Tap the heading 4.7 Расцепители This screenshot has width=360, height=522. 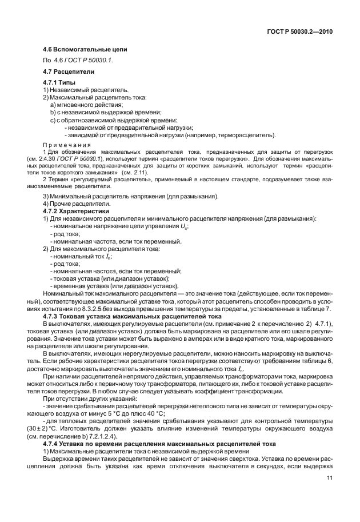(x=69, y=71)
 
